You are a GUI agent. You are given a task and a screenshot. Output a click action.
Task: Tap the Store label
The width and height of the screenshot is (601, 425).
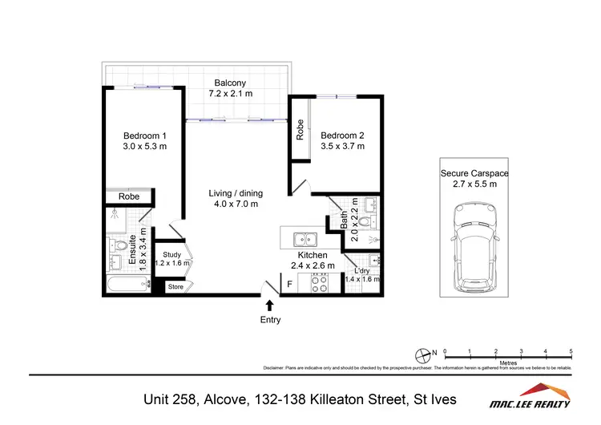point(175,286)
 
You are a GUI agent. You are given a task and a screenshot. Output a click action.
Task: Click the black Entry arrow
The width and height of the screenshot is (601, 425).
point(270,304)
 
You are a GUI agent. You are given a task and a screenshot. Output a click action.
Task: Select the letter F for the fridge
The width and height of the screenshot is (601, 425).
point(289,283)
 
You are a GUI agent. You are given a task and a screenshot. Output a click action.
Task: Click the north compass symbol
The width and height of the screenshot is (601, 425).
point(424,353)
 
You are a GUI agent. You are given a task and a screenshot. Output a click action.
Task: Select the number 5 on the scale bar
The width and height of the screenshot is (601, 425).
point(571,351)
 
